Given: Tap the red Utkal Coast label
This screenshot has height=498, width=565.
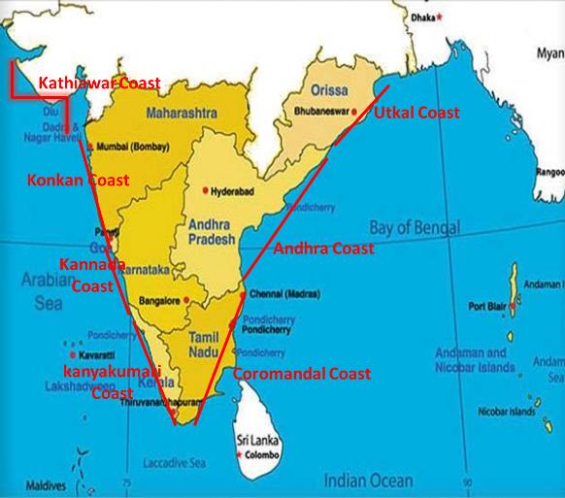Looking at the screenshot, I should (x=416, y=114).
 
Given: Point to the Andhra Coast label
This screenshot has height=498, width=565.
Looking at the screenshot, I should (x=324, y=249).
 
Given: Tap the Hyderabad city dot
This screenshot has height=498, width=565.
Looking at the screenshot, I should (x=205, y=189).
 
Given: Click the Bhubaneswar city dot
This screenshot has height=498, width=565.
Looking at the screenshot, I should (x=355, y=111).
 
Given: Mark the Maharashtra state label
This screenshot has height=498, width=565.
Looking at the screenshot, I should (x=181, y=115).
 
